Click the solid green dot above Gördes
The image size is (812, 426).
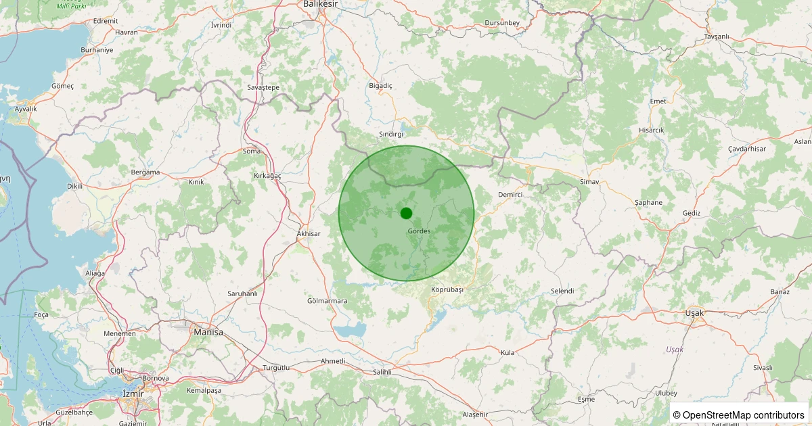click(406, 213)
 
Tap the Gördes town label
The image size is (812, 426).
click(419, 231)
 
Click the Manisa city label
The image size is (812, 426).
click(208, 332)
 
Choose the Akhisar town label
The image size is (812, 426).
click(308, 233)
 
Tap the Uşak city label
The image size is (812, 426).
click(694, 313)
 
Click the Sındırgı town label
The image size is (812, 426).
click(391, 135)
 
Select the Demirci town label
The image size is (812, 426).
click(510, 195)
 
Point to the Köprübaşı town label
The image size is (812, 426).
click(447, 289)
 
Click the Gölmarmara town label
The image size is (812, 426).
click(327, 301)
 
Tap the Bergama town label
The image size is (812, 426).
click(145, 172)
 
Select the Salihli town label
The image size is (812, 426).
click(382, 372)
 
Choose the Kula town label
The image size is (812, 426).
click(507, 353)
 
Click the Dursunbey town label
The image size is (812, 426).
click(502, 24)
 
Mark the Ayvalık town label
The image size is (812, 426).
click(26, 109)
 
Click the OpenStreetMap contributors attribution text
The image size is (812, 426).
click(739, 415)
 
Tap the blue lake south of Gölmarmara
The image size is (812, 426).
click(351, 331)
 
